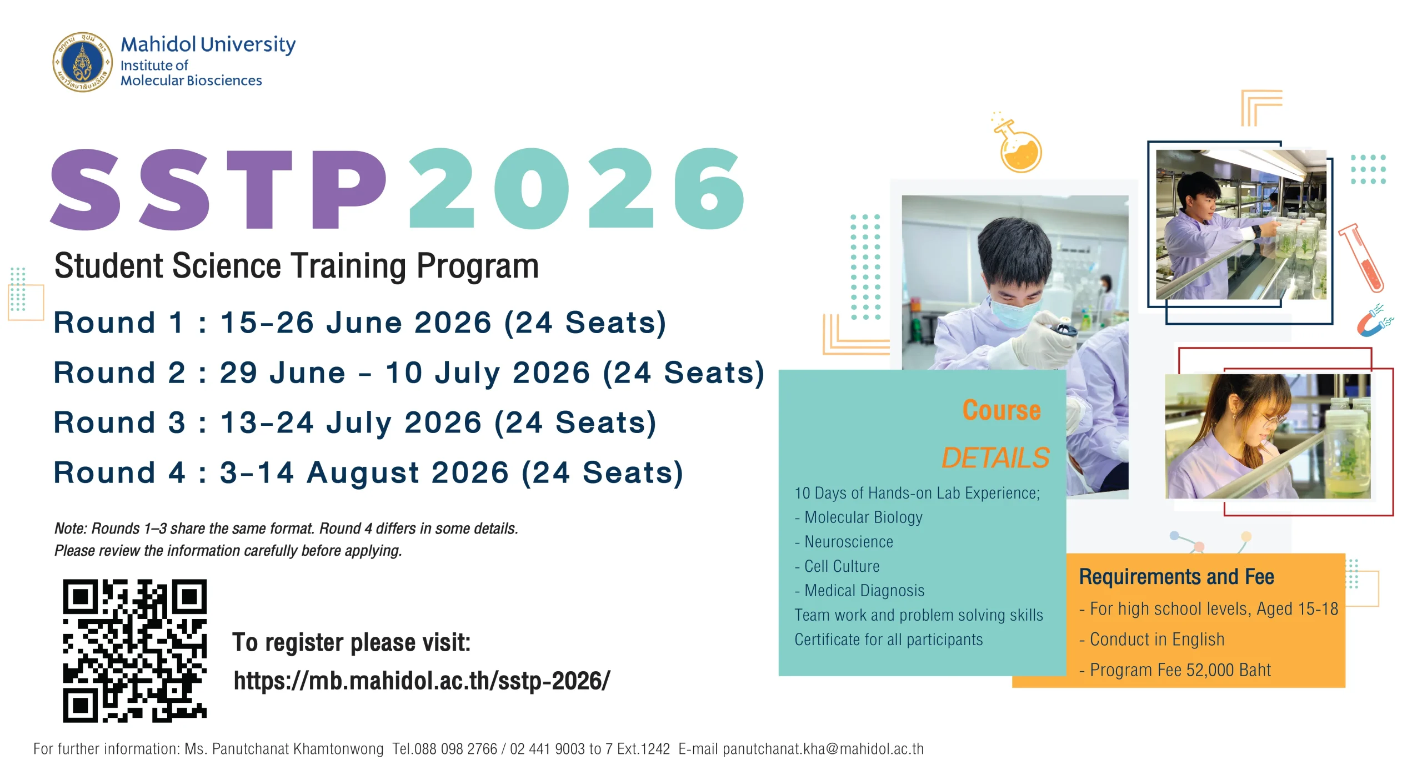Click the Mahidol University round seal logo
coord(82,62)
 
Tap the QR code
coord(135,651)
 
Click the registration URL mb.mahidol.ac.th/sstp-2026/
coord(422,681)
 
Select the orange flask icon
coord(1018,143)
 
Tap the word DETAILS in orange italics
coord(995,458)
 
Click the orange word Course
coord(1002,410)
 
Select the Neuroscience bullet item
coord(844,542)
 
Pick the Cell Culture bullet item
coord(838,566)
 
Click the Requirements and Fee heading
coord(1176,577)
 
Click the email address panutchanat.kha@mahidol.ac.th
coord(823,749)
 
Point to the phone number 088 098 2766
coord(455,749)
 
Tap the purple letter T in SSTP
coord(261,188)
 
